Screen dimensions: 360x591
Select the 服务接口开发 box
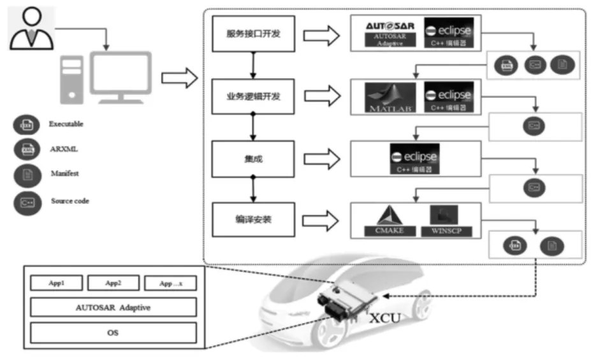[x=254, y=34]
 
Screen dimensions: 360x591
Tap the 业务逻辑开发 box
[x=254, y=96]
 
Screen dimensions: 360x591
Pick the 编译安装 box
[x=254, y=220]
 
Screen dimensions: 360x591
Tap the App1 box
[x=57, y=282]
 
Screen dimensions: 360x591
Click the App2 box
[x=112, y=282]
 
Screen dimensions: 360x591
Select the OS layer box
[x=113, y=332]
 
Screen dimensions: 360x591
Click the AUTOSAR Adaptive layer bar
[x=113, y=307]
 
